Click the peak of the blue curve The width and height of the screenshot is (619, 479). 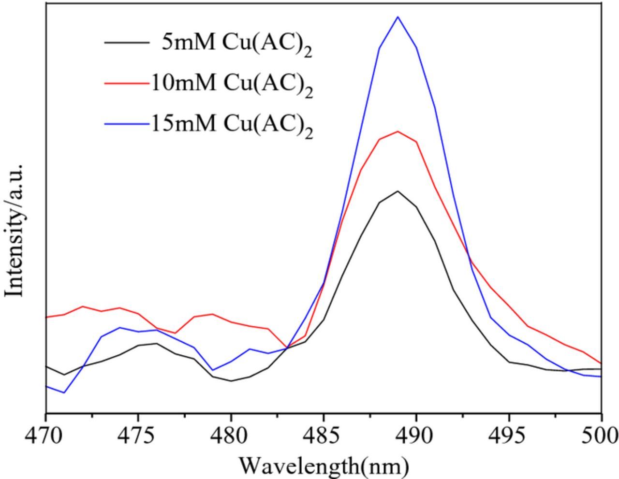click(398, 17)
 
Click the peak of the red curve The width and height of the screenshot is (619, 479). click(398, 131)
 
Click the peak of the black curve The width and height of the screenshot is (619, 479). click(398, 191)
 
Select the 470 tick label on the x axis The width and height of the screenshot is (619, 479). click(46, 435)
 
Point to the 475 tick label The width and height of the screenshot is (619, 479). click(138, 435)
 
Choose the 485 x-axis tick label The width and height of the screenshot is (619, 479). click(324, 435)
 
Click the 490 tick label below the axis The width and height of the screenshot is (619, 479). click(416, 435)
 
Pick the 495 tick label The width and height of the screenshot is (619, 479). click(509, 435)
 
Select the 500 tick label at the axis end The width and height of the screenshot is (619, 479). click(600, 435)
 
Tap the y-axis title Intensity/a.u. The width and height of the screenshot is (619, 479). click(15, 230)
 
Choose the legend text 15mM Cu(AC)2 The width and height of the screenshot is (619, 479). click(232, 124)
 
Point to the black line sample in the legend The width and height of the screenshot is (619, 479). click(127, 43)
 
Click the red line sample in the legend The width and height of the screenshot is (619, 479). click(127, 83)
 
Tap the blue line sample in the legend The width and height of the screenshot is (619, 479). click(127, 124)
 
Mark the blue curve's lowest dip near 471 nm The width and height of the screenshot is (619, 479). click(64, 392)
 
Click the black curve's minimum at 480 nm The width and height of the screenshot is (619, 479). click(231, 381)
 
